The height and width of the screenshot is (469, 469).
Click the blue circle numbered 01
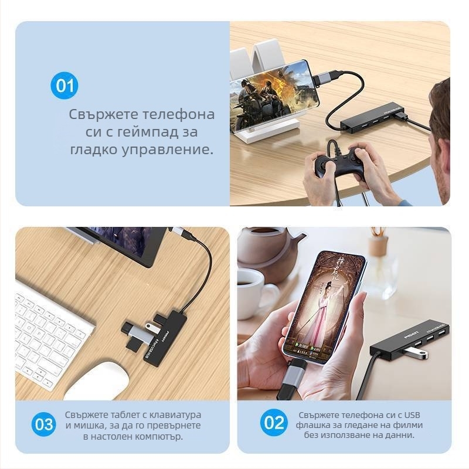point(64,86)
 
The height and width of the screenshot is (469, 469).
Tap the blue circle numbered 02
point(274,423)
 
